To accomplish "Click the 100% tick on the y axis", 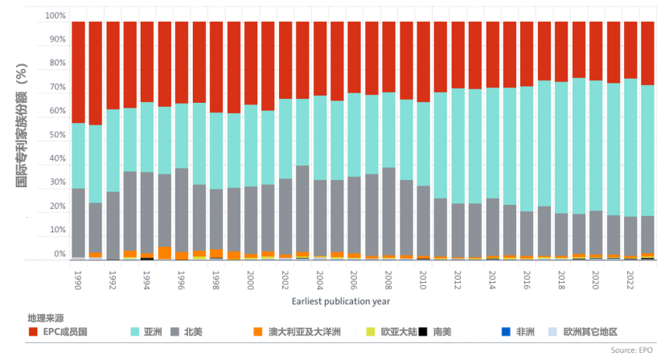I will coord(55,16).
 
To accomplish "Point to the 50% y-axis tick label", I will coord(56,135).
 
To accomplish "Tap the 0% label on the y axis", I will coord(60,254).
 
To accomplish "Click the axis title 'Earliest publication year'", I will coord(341,301).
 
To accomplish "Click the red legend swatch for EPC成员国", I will coord(33,331).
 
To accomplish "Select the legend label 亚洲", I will coord(153,331).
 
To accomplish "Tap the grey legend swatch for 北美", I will coord(174,331).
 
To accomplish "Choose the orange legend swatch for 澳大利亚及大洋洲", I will coord(257,331).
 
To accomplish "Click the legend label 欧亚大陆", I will coord(397,331).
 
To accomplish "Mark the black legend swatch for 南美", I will coord(423,331).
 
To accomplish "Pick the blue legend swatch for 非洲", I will coord(506,331).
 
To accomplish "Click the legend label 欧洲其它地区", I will coord(590,331).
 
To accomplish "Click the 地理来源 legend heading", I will coord(46,318).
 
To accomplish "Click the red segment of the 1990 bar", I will coord(79,72).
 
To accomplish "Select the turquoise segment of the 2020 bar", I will coord(596,145).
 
